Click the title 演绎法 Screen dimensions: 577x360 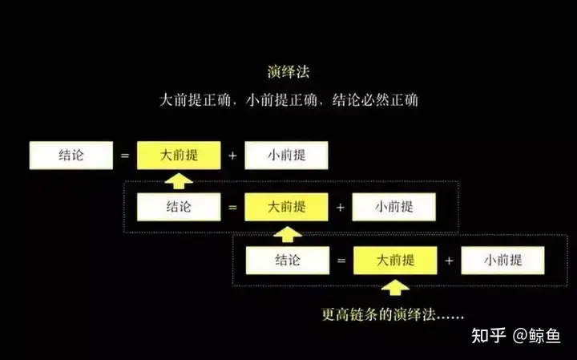click(x=288, y=72)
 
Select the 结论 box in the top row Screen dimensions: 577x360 click(x=71, y=156)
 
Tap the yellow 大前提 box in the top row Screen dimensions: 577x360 click(x=179, y=156)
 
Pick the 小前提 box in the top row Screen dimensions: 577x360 click(x=286, y=156)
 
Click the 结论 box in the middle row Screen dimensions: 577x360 click(x=179, y=207)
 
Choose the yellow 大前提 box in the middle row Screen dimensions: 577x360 click(x=286, y=207)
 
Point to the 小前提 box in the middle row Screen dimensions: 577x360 click(x=393, y=207)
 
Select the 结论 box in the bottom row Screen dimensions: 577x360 click(x=288, y=260)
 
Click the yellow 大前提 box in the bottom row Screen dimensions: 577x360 click(x=395, y=260)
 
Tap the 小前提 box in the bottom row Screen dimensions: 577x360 click(x=502, y=260)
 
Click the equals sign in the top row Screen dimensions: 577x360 click(x=125, y=156)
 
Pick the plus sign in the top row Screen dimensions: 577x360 click(x=232, y=156)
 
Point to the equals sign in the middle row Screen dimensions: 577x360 click(x=232, y=208)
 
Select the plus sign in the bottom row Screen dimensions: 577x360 click(x=449, y=261)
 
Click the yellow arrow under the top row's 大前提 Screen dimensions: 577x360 click(x=178, y=180)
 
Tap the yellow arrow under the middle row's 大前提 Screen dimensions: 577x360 click(x=286, y=233)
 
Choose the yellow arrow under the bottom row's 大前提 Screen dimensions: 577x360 click(x=395, y=285)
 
